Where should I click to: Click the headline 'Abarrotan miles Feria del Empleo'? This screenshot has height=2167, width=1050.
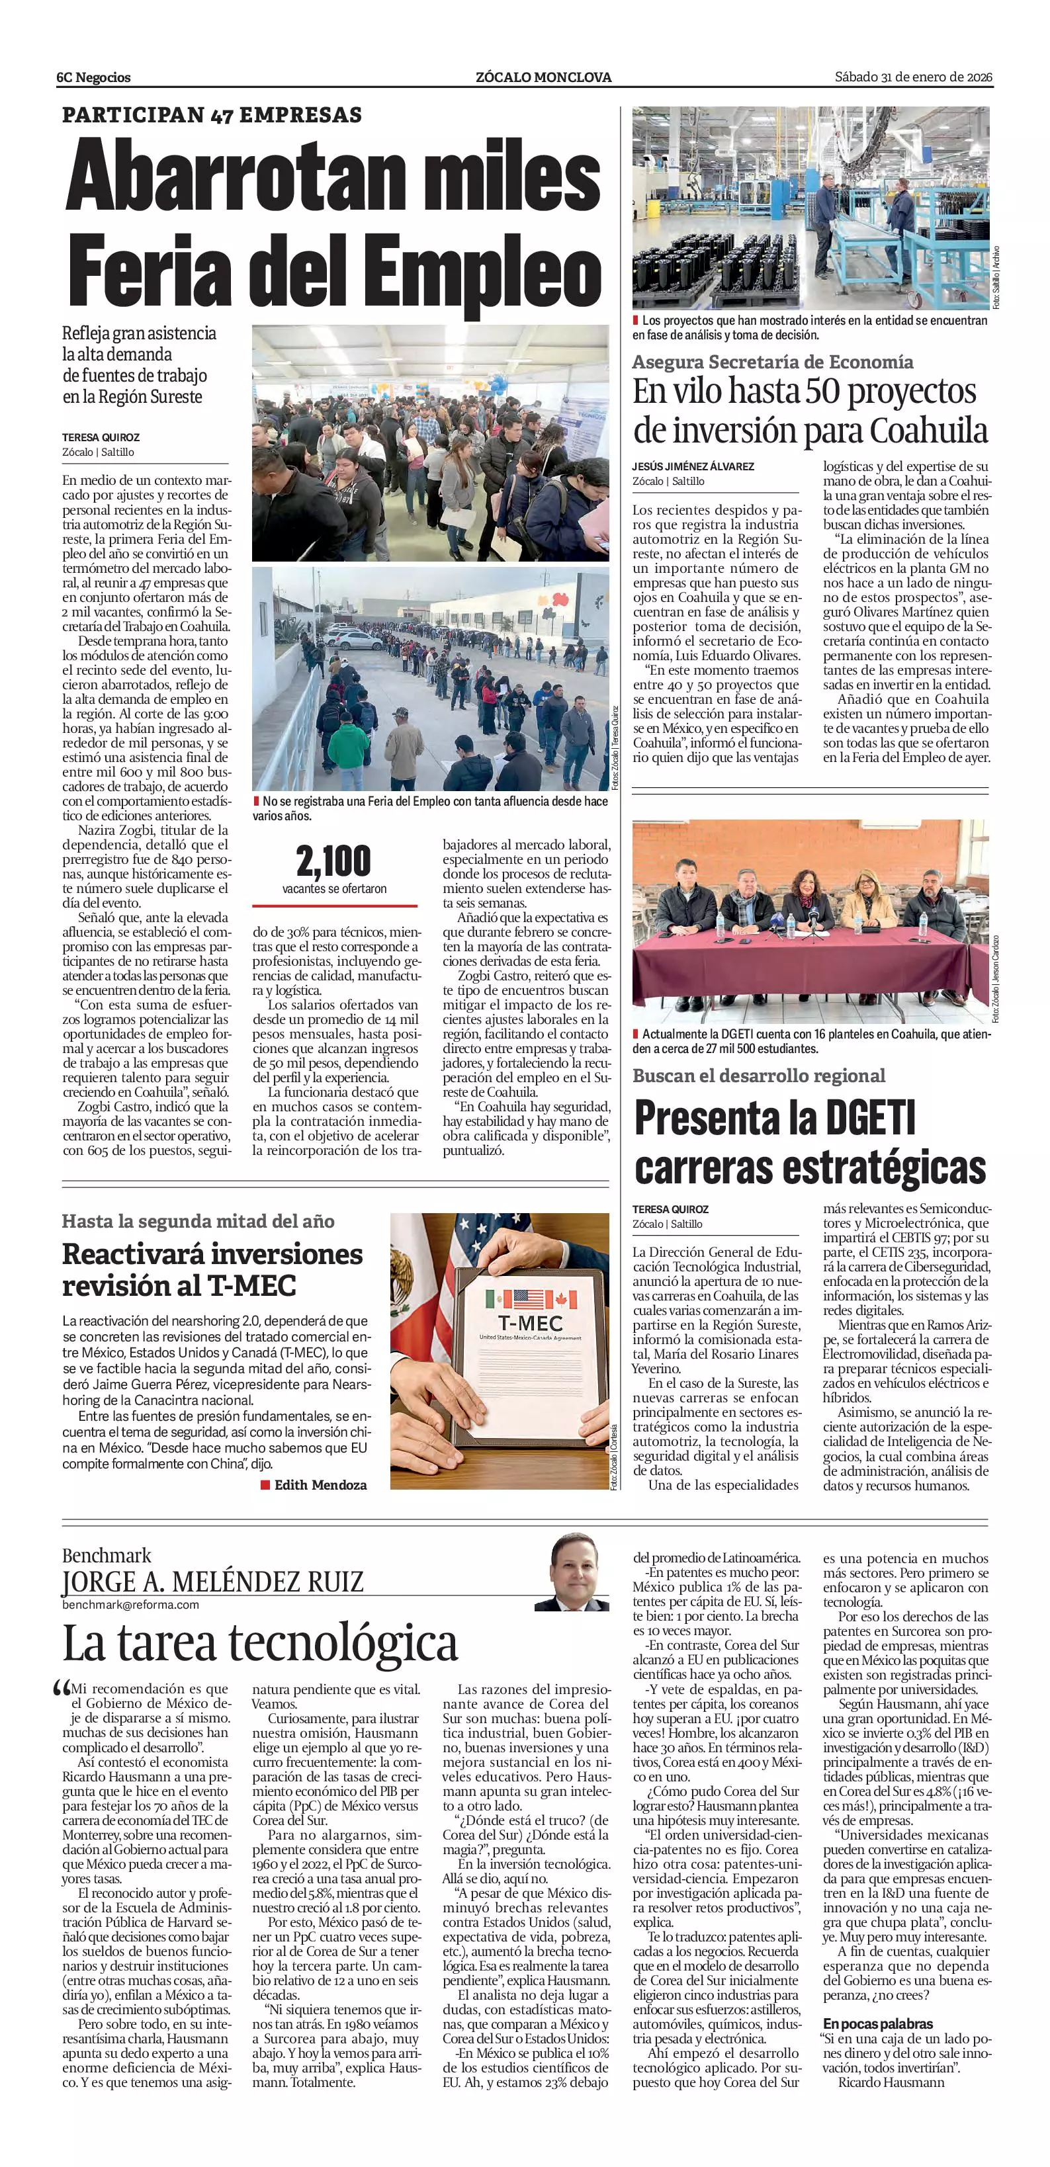tap(333, 222)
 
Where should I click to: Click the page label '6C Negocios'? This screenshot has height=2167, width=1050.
tap(93, 77)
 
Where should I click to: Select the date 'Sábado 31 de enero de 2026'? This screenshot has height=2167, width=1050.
tap(914, 77)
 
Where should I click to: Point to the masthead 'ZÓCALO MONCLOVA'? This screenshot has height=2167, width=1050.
tap(543, 77)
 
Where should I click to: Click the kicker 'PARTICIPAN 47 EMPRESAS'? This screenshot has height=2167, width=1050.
tap(212, 114)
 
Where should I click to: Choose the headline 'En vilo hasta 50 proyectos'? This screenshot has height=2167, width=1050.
tap(805, 392)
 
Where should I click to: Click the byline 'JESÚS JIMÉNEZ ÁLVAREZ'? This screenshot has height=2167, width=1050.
tap(693, 466)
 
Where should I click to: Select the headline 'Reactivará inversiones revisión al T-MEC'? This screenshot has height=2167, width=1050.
tap(212, 1269)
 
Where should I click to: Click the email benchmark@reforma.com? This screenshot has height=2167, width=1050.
tap(130, 1604)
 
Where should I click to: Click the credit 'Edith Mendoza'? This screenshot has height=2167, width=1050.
tap(320, 1485)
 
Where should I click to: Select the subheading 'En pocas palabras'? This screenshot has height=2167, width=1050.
tap(877, 2023)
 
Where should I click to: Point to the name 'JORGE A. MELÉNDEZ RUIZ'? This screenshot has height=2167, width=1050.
tap(212, 1582)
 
